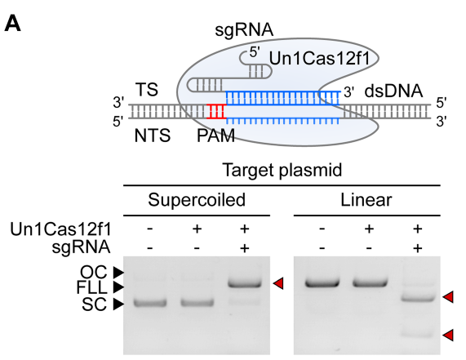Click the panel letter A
[x=12, y=24]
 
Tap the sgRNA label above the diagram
[x=244, y=30]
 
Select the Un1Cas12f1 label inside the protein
[x=319, y=58]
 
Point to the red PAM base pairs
[x=216, y=112]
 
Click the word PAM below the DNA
[x=215, y=136]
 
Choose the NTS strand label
[x=153, y=136]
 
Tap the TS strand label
[x=147, y=90]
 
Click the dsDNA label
[x=393, y=91]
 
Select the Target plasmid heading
[x=282, y=171]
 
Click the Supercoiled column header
[x=197, y=200]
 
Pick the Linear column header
[x=366, y=200]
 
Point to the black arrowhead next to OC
[x=118, y=272]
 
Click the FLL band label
[x=91, y=287]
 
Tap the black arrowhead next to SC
[x=118, y=304]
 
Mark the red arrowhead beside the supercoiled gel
[x=278, y=283]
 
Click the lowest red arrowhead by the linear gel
[x=448, y=335]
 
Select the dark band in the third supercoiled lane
[x=245, y=283]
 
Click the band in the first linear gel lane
[x=322, y=282]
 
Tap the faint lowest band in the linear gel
[x=418, y=335]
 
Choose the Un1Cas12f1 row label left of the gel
[x=60, y=229]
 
